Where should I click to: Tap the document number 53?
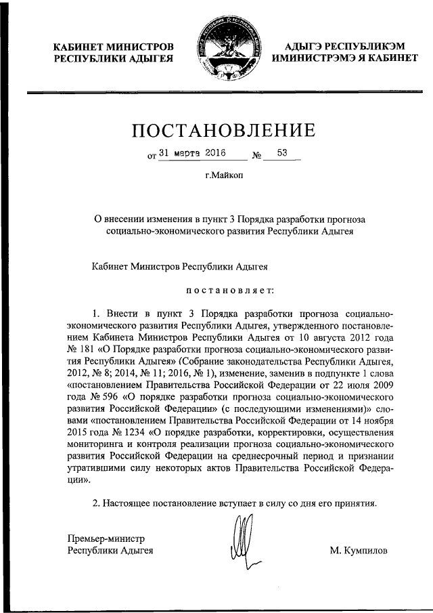282,154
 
